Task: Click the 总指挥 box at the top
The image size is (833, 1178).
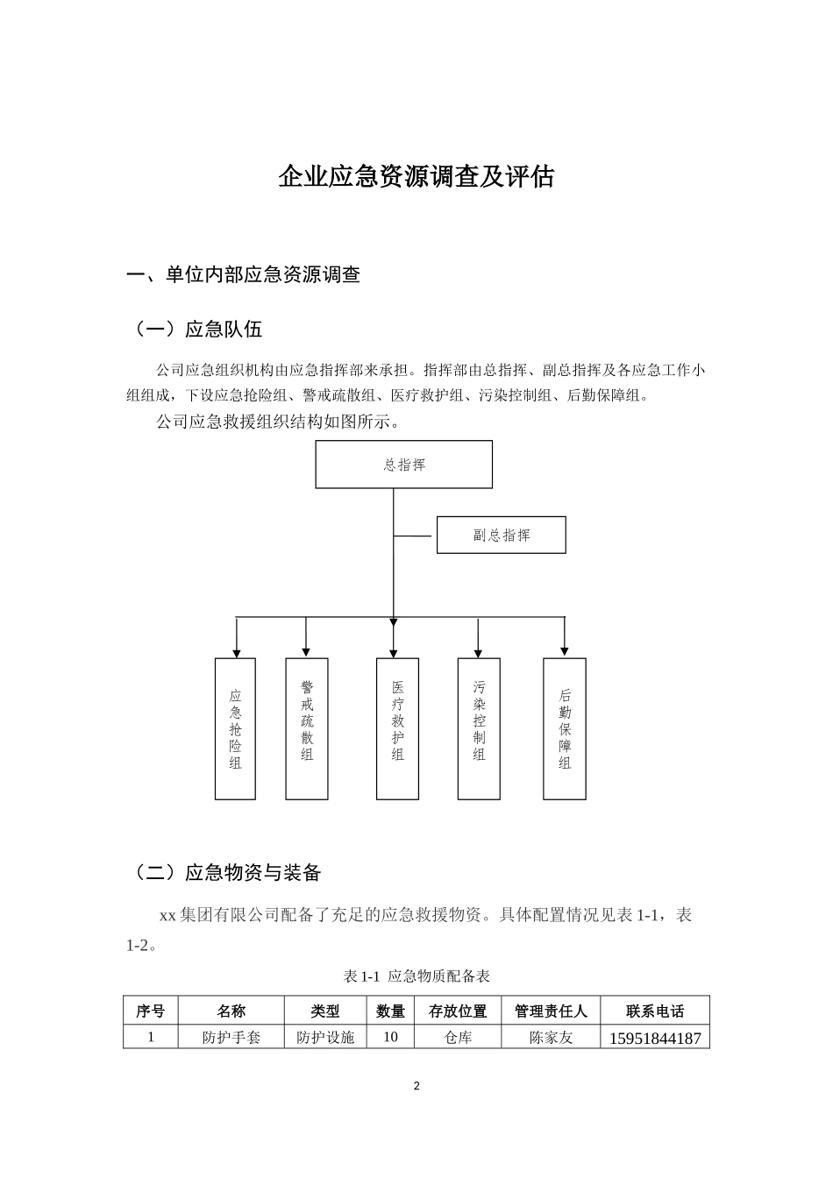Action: click(403, 465)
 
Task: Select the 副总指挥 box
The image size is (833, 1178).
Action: click(501, 535)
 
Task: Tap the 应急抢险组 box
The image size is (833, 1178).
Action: click(235, 728)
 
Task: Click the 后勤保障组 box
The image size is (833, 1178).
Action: click(564, 728)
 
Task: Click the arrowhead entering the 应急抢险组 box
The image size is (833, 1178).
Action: click(235, 652)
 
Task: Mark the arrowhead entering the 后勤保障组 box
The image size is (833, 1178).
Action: click(564, 652)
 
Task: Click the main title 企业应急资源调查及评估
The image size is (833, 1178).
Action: click(416, 176)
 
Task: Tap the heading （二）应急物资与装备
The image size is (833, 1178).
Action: click(224, 872)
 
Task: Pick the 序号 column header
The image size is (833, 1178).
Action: click(150, 1011)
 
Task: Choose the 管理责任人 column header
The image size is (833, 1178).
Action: click(551, 1011)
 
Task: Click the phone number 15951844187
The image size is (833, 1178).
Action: click(654, 1038)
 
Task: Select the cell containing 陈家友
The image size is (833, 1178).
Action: click(551, 1037)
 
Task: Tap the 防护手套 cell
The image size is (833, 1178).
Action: click(231, 1037)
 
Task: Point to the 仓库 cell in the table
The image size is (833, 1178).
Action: click(458, 1037)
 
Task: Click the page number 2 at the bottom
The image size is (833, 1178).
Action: click(416, 1087)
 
